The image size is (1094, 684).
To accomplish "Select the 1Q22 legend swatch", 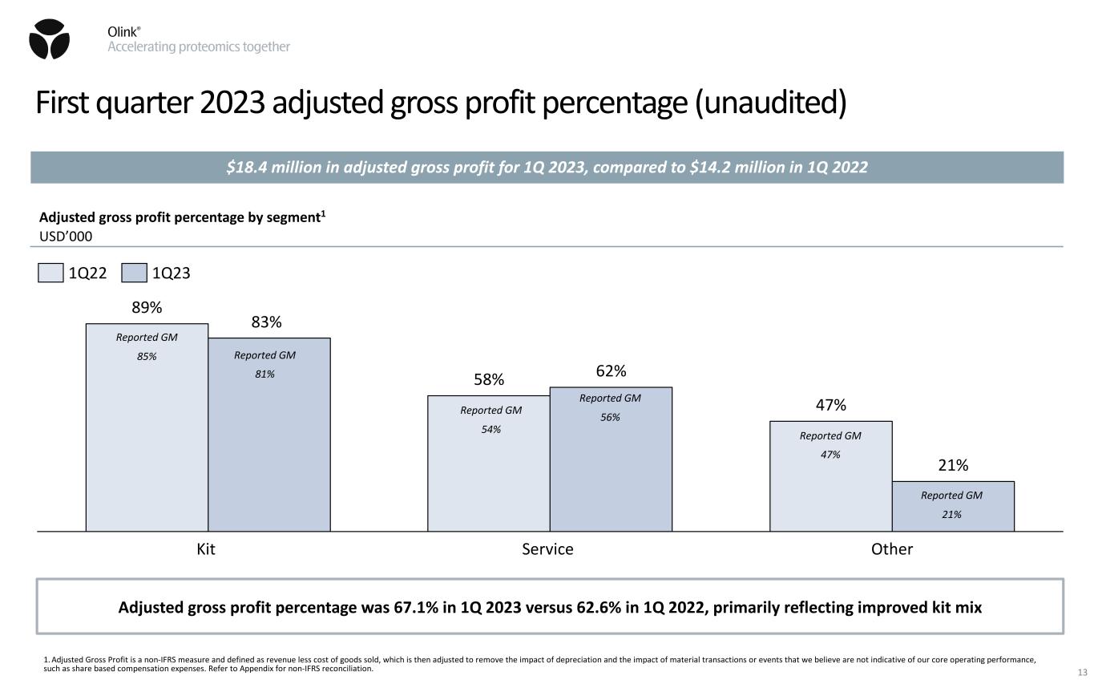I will (x=50, y=273).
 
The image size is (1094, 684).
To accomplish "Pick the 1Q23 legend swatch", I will (x=134, y=273).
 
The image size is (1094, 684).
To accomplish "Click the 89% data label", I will (x=147, y=307).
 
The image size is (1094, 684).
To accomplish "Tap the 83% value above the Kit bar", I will (x=266, y=322).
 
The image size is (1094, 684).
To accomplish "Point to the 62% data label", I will (x=611, y=371).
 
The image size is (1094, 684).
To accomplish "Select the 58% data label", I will (x=489, y=379).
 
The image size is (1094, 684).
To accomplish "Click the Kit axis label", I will (x=207, y=549).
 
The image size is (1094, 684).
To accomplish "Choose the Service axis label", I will (x=548, y=549).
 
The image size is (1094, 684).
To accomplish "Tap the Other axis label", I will (x=892, y=549).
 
